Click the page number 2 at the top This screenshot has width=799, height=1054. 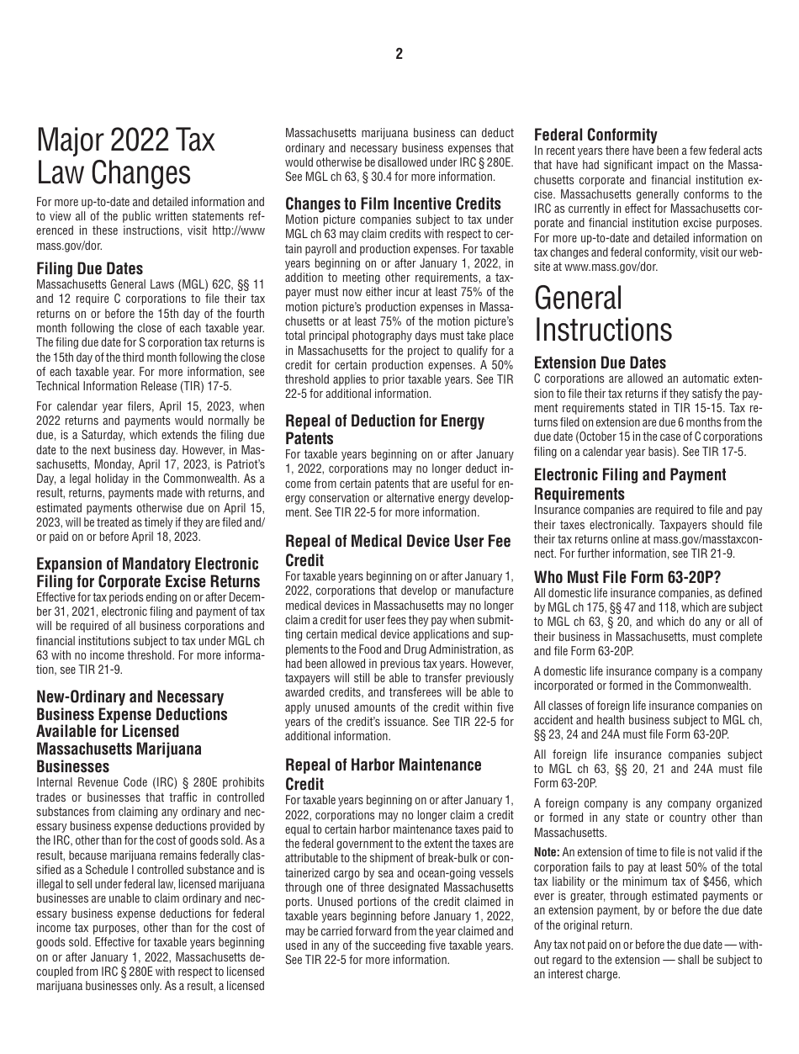click(399, 54)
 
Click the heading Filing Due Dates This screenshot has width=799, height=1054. click(90, 269)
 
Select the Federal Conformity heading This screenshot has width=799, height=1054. click(595, 135)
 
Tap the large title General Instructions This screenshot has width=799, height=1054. click(603, 314)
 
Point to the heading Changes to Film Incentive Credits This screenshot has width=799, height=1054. click(393, 204)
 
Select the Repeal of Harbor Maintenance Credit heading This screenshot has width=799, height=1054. click(383, 774)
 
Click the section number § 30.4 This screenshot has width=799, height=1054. click(397, 177)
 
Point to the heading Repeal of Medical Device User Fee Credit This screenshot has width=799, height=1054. click(398, 550)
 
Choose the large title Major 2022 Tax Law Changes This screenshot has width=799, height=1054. click(125, 157)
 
